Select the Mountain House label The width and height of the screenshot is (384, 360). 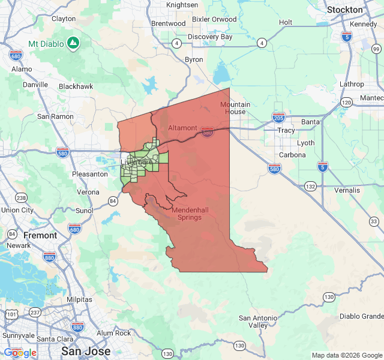[234, 108]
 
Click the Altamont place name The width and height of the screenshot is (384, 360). [182, 128]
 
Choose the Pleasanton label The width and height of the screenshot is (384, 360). [89, 173]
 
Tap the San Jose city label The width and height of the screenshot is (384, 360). [85, 351]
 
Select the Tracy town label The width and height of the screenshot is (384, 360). [286, 130]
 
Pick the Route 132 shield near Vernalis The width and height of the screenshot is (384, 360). [310, 187]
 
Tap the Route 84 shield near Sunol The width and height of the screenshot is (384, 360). [112, 200]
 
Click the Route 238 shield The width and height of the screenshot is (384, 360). [21, 198]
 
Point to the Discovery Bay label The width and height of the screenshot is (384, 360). [210, 37]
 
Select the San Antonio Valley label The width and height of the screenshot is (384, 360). [258, 321]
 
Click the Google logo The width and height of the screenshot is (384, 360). [20, 352]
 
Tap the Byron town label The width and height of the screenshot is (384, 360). [194, 59]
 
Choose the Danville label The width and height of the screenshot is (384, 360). [35, 85]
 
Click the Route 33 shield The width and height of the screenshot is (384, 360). [374, 221]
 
